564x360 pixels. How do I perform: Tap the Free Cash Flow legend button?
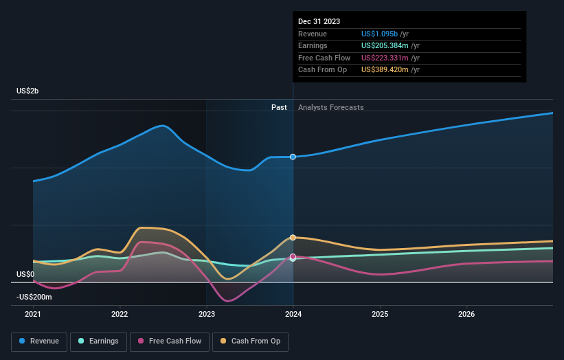(170, 341)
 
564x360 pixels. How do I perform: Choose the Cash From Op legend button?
(251, 341)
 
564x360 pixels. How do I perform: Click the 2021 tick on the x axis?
(33, 314)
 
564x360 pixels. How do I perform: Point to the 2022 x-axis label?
(120, 314)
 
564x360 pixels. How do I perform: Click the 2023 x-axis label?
(207, 314)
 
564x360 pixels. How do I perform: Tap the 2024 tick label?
(293, 314)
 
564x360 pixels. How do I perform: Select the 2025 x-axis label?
(380, 314)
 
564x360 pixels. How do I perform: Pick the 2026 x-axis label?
(466, 314)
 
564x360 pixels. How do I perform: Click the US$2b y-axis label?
(27, 91)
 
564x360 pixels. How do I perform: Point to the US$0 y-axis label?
(25, 274)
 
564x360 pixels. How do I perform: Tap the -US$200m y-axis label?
(35, 296)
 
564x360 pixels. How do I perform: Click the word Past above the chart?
(279, 107)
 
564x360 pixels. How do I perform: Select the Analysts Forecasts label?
(330, 107)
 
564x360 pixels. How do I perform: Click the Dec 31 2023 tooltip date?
(319, 22)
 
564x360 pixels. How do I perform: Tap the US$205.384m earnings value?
(389, 46)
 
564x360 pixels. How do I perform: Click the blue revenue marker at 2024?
(293, 157)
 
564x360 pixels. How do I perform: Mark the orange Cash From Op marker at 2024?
(293, 237)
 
